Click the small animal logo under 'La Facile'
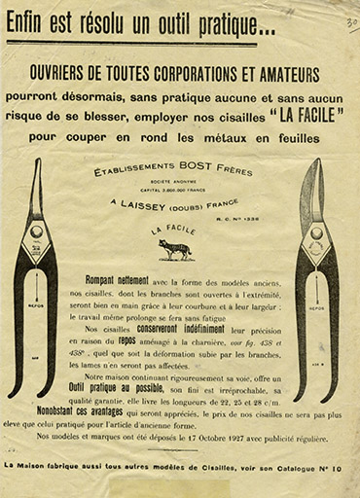(176, 249)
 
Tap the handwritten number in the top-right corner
(349, 21)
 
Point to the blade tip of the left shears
(37, 160)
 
